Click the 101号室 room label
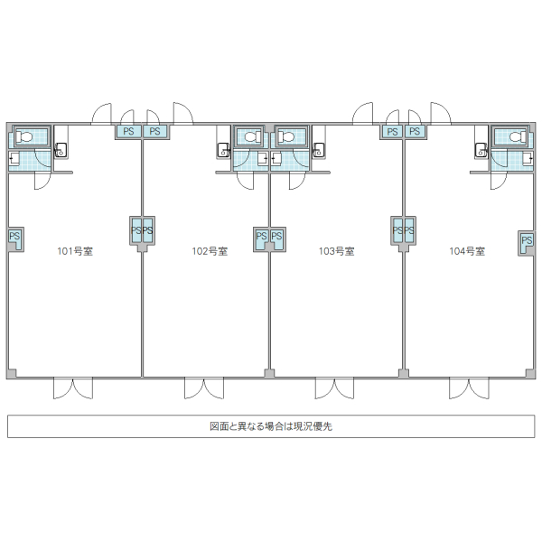point(76,251)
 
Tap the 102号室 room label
point(210,251)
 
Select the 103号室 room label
point(336,251)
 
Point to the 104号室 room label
point(467,251)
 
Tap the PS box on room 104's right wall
point(527,241)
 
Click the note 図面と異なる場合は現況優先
point(270,425)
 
